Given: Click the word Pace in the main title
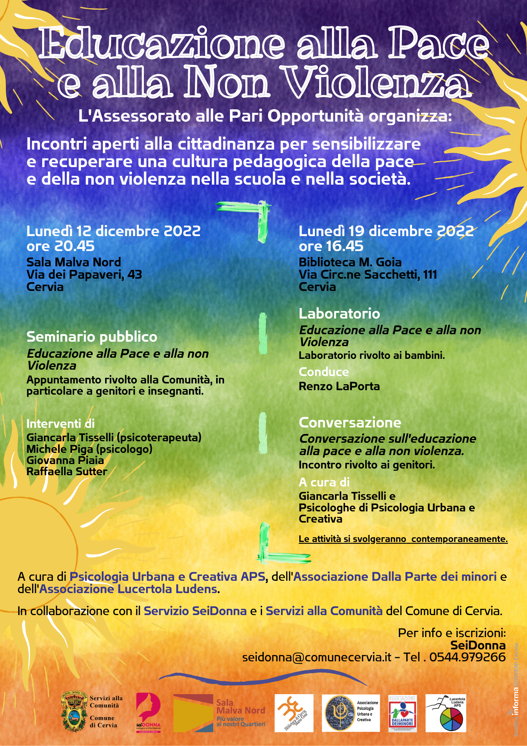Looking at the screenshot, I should (439, 44).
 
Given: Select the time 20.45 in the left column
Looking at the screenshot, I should (75, 246).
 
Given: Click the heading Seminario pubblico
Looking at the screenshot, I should (92, 337).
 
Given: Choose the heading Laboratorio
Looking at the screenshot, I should (339, 314).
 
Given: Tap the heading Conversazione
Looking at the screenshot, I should (350, 423).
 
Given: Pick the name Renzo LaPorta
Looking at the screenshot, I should (339, 386).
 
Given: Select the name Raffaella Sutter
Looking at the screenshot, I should (67, 471).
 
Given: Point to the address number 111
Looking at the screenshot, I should (430, 275).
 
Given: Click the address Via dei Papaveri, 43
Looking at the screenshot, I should (84, 275).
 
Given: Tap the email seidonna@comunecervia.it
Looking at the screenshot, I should (317, 657).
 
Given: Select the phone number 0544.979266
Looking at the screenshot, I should (467, 657).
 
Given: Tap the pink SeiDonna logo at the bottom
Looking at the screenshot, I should (148, 713).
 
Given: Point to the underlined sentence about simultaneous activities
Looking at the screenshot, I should (403, 539).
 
